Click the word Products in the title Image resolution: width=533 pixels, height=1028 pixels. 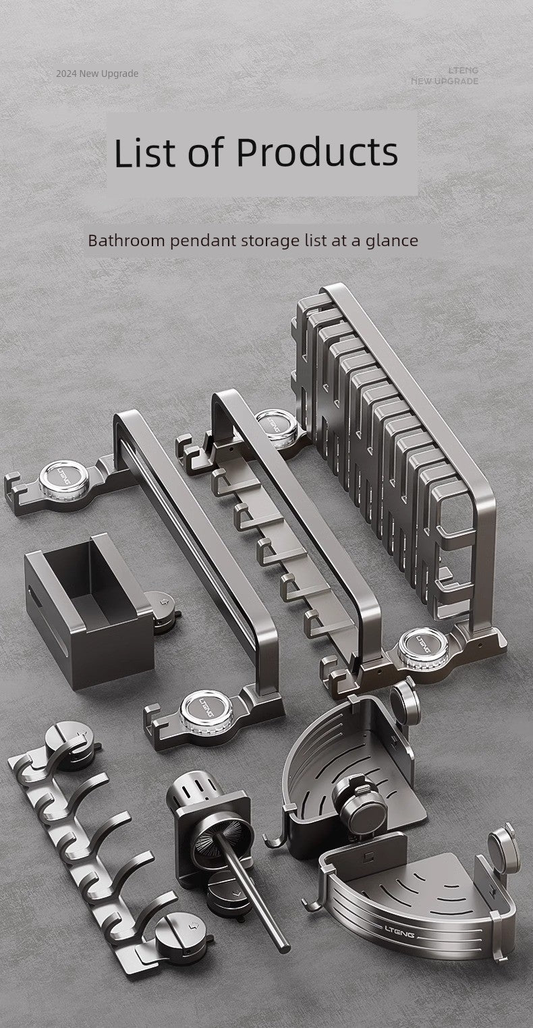317,152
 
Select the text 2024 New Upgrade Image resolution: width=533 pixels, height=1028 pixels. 97,74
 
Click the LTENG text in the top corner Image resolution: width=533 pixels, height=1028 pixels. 464,70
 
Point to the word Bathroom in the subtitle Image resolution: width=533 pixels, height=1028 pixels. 126,241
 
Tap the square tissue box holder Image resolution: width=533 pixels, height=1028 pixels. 90,610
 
